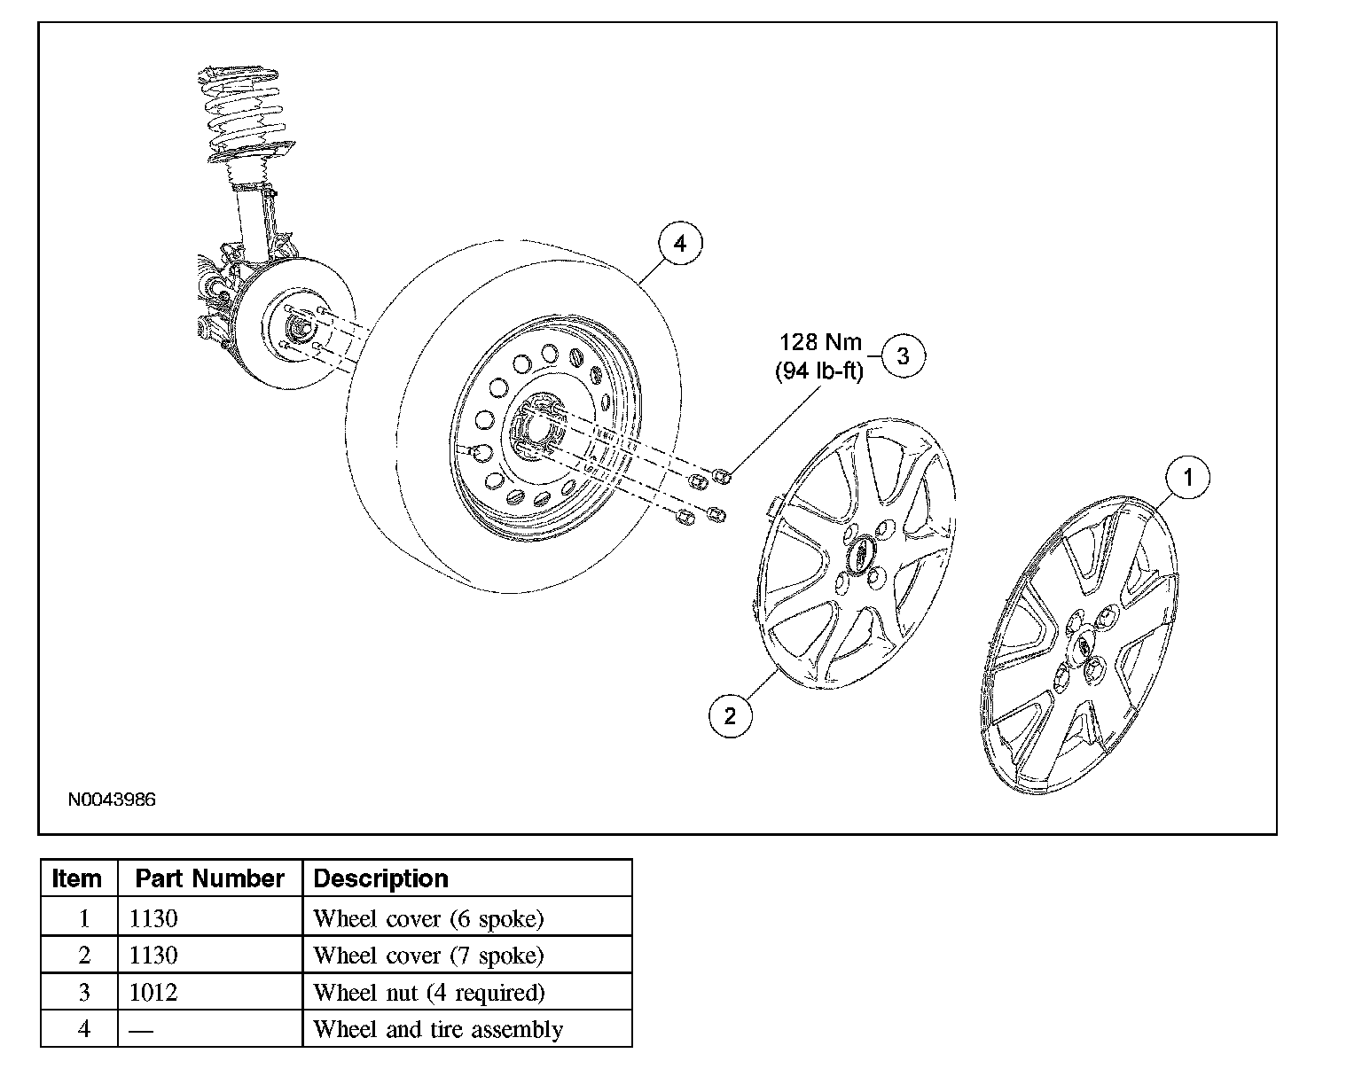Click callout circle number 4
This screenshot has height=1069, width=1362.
click(680, 243)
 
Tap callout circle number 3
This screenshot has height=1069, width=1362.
click(904, 355)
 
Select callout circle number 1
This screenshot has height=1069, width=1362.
click(1187, 477)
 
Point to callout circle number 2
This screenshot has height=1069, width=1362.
click(730, 716)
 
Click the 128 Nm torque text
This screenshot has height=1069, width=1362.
click(820, 342)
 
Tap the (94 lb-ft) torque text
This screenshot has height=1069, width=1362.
click(819, 371)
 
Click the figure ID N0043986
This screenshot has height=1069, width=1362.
click(112, 799)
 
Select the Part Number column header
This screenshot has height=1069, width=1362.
click(210, 878)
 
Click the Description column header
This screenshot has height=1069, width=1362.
click(380, 878)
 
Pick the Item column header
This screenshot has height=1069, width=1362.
click(76, 878)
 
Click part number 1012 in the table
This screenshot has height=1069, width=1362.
click(153, 992)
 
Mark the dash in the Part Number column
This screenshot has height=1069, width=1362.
click(141, 1030)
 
